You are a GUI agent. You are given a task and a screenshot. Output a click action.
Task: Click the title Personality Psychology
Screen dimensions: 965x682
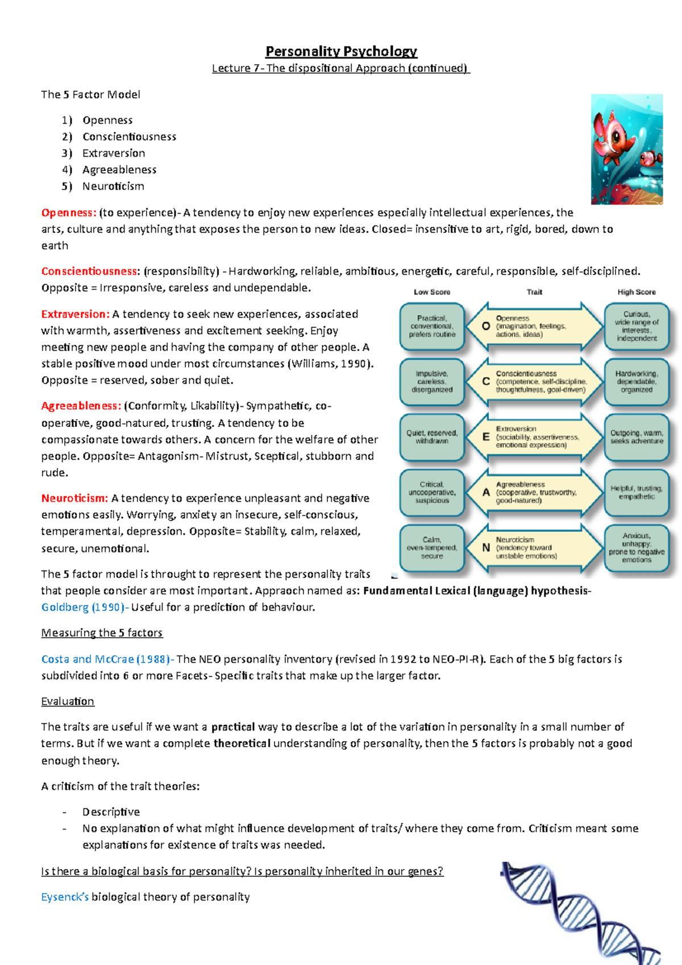click(341, 51)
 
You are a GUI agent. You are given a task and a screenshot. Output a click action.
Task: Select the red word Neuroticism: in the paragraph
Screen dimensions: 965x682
click(74, 498)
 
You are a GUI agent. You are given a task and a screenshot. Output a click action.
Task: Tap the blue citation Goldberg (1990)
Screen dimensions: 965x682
click(83, 607)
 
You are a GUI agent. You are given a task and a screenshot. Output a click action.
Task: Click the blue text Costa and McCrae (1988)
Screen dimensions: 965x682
click(106, 659)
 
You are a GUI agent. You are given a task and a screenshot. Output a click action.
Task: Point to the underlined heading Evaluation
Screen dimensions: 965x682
click(67, 701)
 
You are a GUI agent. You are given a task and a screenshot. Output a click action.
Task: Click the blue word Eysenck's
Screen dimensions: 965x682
click(65, 897)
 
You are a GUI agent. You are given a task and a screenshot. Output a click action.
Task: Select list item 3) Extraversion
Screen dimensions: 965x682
click(113, 153)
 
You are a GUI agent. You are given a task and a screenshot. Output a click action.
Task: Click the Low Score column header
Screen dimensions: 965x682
click(432, 292)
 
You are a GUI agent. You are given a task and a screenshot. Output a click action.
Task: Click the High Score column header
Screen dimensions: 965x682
click(637, 292)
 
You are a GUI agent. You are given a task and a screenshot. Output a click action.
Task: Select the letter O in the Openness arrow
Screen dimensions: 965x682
click(486, 326)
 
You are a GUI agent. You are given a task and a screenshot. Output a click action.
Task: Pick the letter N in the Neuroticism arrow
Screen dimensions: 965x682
click(486, 548)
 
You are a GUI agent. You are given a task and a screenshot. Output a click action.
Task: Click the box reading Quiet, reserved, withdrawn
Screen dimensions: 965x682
click(432, 437)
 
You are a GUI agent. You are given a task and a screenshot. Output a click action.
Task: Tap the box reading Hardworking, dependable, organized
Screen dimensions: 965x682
click(637, 382)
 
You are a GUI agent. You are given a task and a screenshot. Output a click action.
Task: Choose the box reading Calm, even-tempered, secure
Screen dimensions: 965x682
click(432, 548)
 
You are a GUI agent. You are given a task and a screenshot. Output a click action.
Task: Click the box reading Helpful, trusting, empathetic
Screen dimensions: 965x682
click(637, 492)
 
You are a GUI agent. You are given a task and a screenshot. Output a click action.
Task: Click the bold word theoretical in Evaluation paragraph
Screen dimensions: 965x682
click(242, 743)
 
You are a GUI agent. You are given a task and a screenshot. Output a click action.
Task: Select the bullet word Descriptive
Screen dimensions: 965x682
click(111, 812)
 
